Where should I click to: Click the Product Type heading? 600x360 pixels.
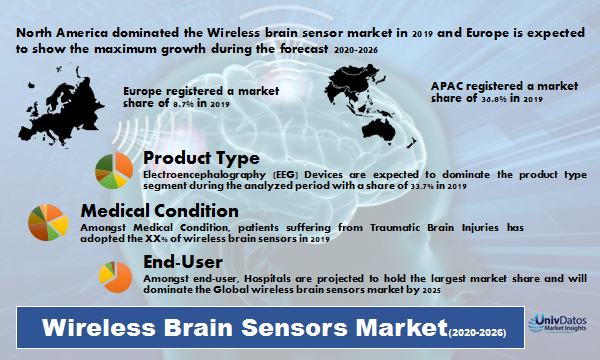(x=202, y=158)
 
